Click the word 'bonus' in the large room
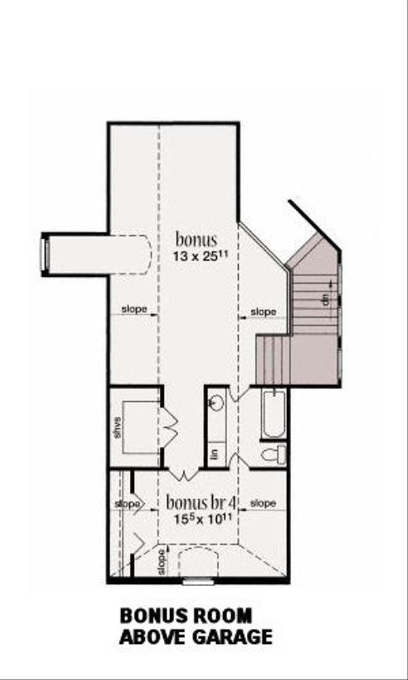click(x=197, y=239)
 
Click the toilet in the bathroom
click(x=275, y=454)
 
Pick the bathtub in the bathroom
click(x=274, y=413)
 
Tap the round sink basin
click(x=216, y=403)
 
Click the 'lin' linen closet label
click(x=216, y=454)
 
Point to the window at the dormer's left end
click(x=46, y=254)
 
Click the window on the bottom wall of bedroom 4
click(x=199, y=581)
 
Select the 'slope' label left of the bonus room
click(x=134, y=309)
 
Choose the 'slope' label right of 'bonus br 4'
click(x=263, y=503)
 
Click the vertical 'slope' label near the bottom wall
click(x=161, y=561)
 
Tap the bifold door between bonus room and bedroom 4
click(x=183, y=473)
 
